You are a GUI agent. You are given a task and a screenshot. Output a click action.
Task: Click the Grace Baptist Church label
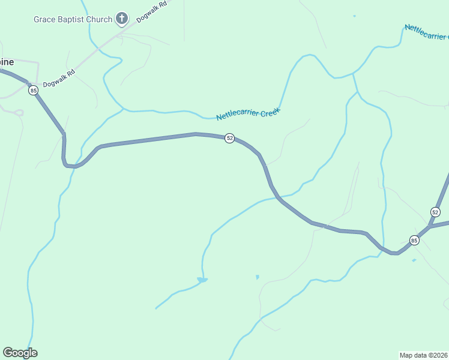pyautogui.click(x=73, y=19)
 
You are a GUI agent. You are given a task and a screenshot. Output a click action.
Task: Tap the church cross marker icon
pyautogui.click(x=122, y=19)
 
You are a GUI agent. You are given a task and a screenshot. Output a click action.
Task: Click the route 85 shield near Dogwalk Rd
pyautogui.click(x=33, y=91)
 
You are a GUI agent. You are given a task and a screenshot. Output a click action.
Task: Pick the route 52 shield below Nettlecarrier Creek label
pyautogui.click(x=229, y=138)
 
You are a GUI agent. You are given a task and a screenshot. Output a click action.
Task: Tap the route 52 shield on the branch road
pyautogui.click(x=435, y=212)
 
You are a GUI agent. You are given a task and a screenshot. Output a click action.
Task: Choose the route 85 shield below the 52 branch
pyautogui.click(x=414, y=240)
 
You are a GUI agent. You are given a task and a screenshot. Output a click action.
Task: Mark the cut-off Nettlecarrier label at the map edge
pyautogui.click(x=427, y=32)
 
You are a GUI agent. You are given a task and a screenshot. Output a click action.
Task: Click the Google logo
pyautogui.click(x=20, y=353)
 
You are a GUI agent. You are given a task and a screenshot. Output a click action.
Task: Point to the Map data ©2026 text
pyautogui.click(x=424, y=355)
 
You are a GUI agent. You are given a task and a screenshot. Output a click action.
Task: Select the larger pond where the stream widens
pyautogui.click(x=202, y=280)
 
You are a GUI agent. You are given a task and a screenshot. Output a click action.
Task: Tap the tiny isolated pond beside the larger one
pyautogui.click(x=258, y=277)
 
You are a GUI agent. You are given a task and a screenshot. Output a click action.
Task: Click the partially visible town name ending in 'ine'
pyautogui.click(x=7, y=62)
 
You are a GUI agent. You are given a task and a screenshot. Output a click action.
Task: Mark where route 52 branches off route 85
pyautogui.click(x=430, y=227)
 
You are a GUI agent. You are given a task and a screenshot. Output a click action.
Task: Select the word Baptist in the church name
pyautogui.click(x=74, y=19)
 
